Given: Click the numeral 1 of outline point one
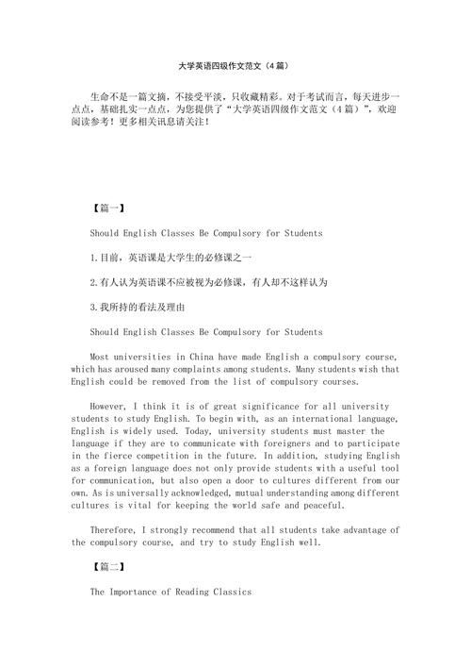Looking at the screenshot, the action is [x=92, y=257].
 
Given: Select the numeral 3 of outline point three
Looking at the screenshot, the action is [x=92, y=307].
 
